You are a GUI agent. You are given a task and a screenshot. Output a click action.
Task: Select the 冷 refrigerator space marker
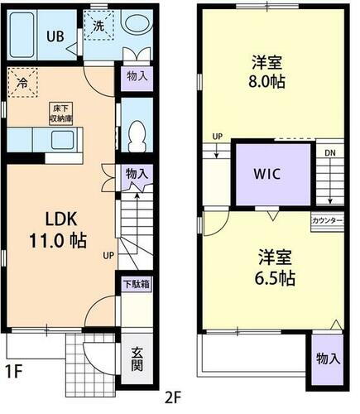(x=22, y=84)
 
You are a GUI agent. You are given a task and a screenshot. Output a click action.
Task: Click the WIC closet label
(x=274, y=176)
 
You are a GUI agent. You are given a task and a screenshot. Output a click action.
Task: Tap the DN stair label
(x=329, y=153)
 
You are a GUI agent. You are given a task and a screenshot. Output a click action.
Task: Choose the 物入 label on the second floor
(x=328, y=359)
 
